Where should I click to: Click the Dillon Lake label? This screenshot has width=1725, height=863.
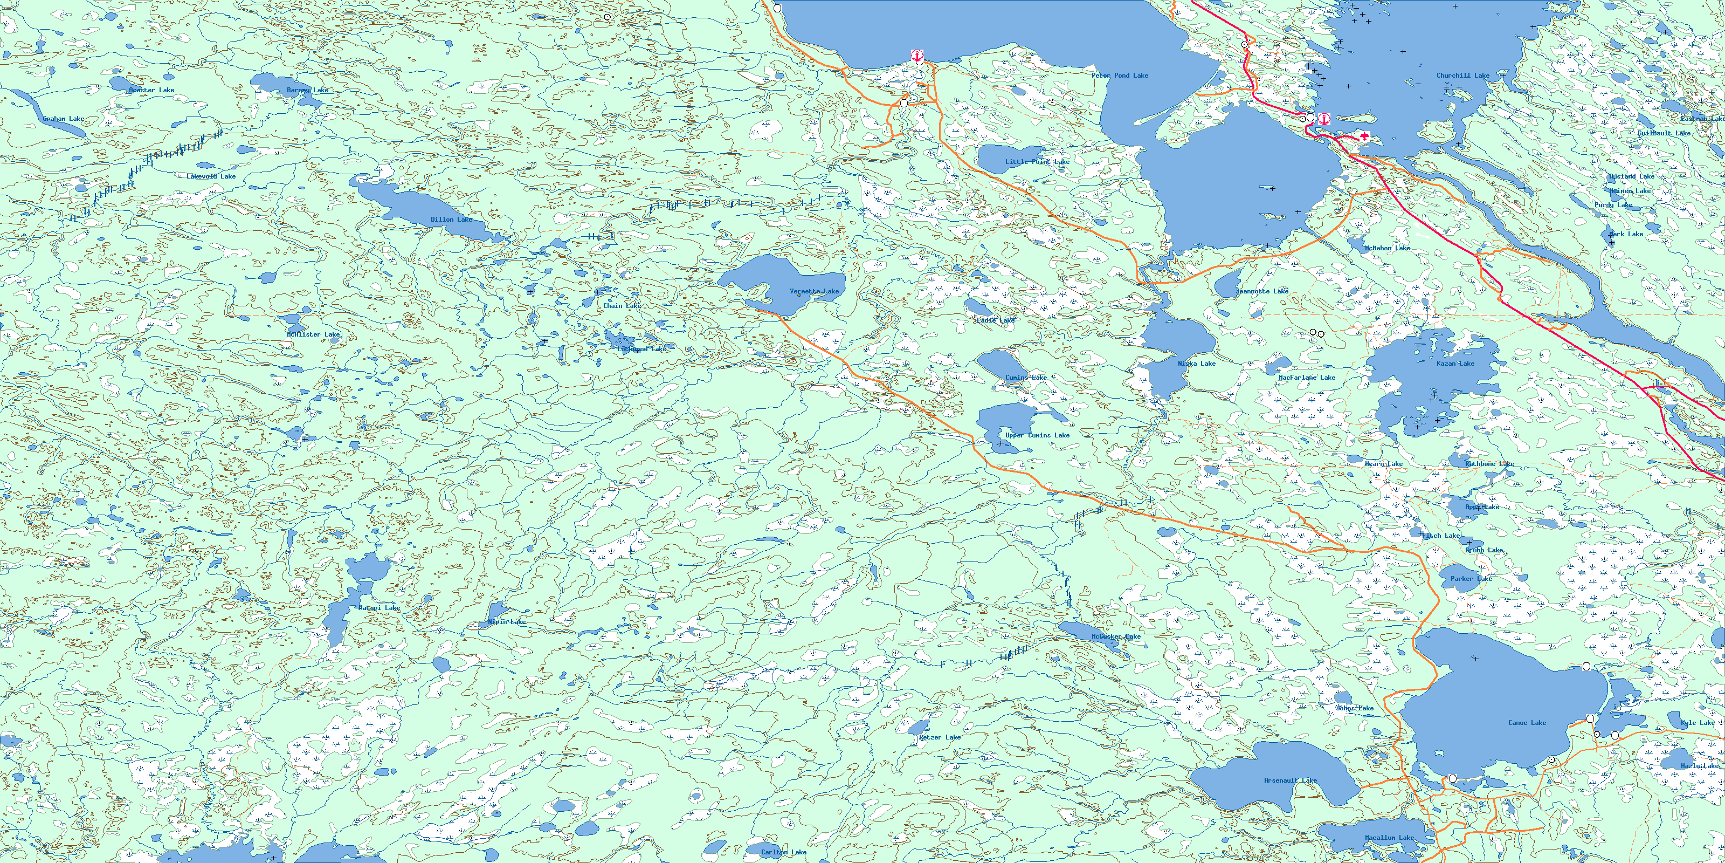tap(451, 219)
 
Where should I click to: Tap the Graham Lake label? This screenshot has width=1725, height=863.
tap(64, 119)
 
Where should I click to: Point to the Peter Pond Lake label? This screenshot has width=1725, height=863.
tap(1120, 76)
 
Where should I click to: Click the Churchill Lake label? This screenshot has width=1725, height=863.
tap(1462, 76)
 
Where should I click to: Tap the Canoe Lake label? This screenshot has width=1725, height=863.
tap(1527, 723)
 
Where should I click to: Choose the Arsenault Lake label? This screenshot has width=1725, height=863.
tap(1291, 780)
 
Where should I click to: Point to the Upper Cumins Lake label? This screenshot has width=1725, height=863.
tap(1037, 435)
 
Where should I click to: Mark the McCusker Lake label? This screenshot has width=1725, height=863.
tap(1116, 636)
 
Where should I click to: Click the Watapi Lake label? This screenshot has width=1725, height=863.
tap(379, 608)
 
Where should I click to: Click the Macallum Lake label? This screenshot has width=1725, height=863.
tap(1390, 838)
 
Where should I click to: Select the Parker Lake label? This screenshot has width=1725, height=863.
tap(1471, 579)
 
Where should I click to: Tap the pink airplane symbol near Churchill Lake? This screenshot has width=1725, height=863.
tap(1365, 136)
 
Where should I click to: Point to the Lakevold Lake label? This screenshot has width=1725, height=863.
tap(211, 176)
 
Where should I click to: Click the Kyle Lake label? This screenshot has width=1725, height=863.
tap(1698, 723)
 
